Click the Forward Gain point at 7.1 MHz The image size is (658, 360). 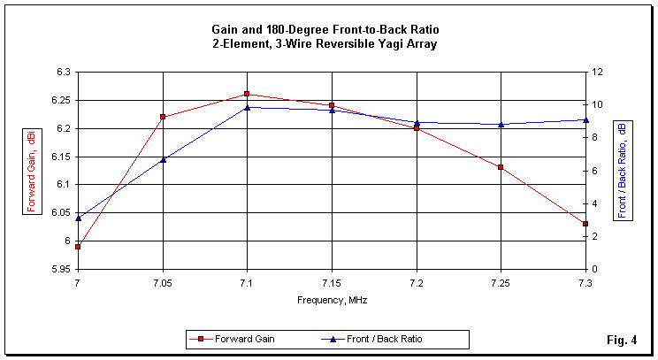(x=248, y=94)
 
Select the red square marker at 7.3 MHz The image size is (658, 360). (x=585, y=224)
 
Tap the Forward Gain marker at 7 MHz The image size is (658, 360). (x=78, y=247)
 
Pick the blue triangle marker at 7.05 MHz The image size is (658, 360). (x=163, y=159)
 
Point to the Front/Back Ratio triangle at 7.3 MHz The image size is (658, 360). (x=585, y=119)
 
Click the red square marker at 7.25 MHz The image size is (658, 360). (x=501, y=167)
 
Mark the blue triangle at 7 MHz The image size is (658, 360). (x=78, y=218)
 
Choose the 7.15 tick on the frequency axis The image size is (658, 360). (x=332, y=281)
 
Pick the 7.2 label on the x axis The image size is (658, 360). (x=417, y=281)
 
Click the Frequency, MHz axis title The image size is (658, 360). (x=332, y=300)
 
